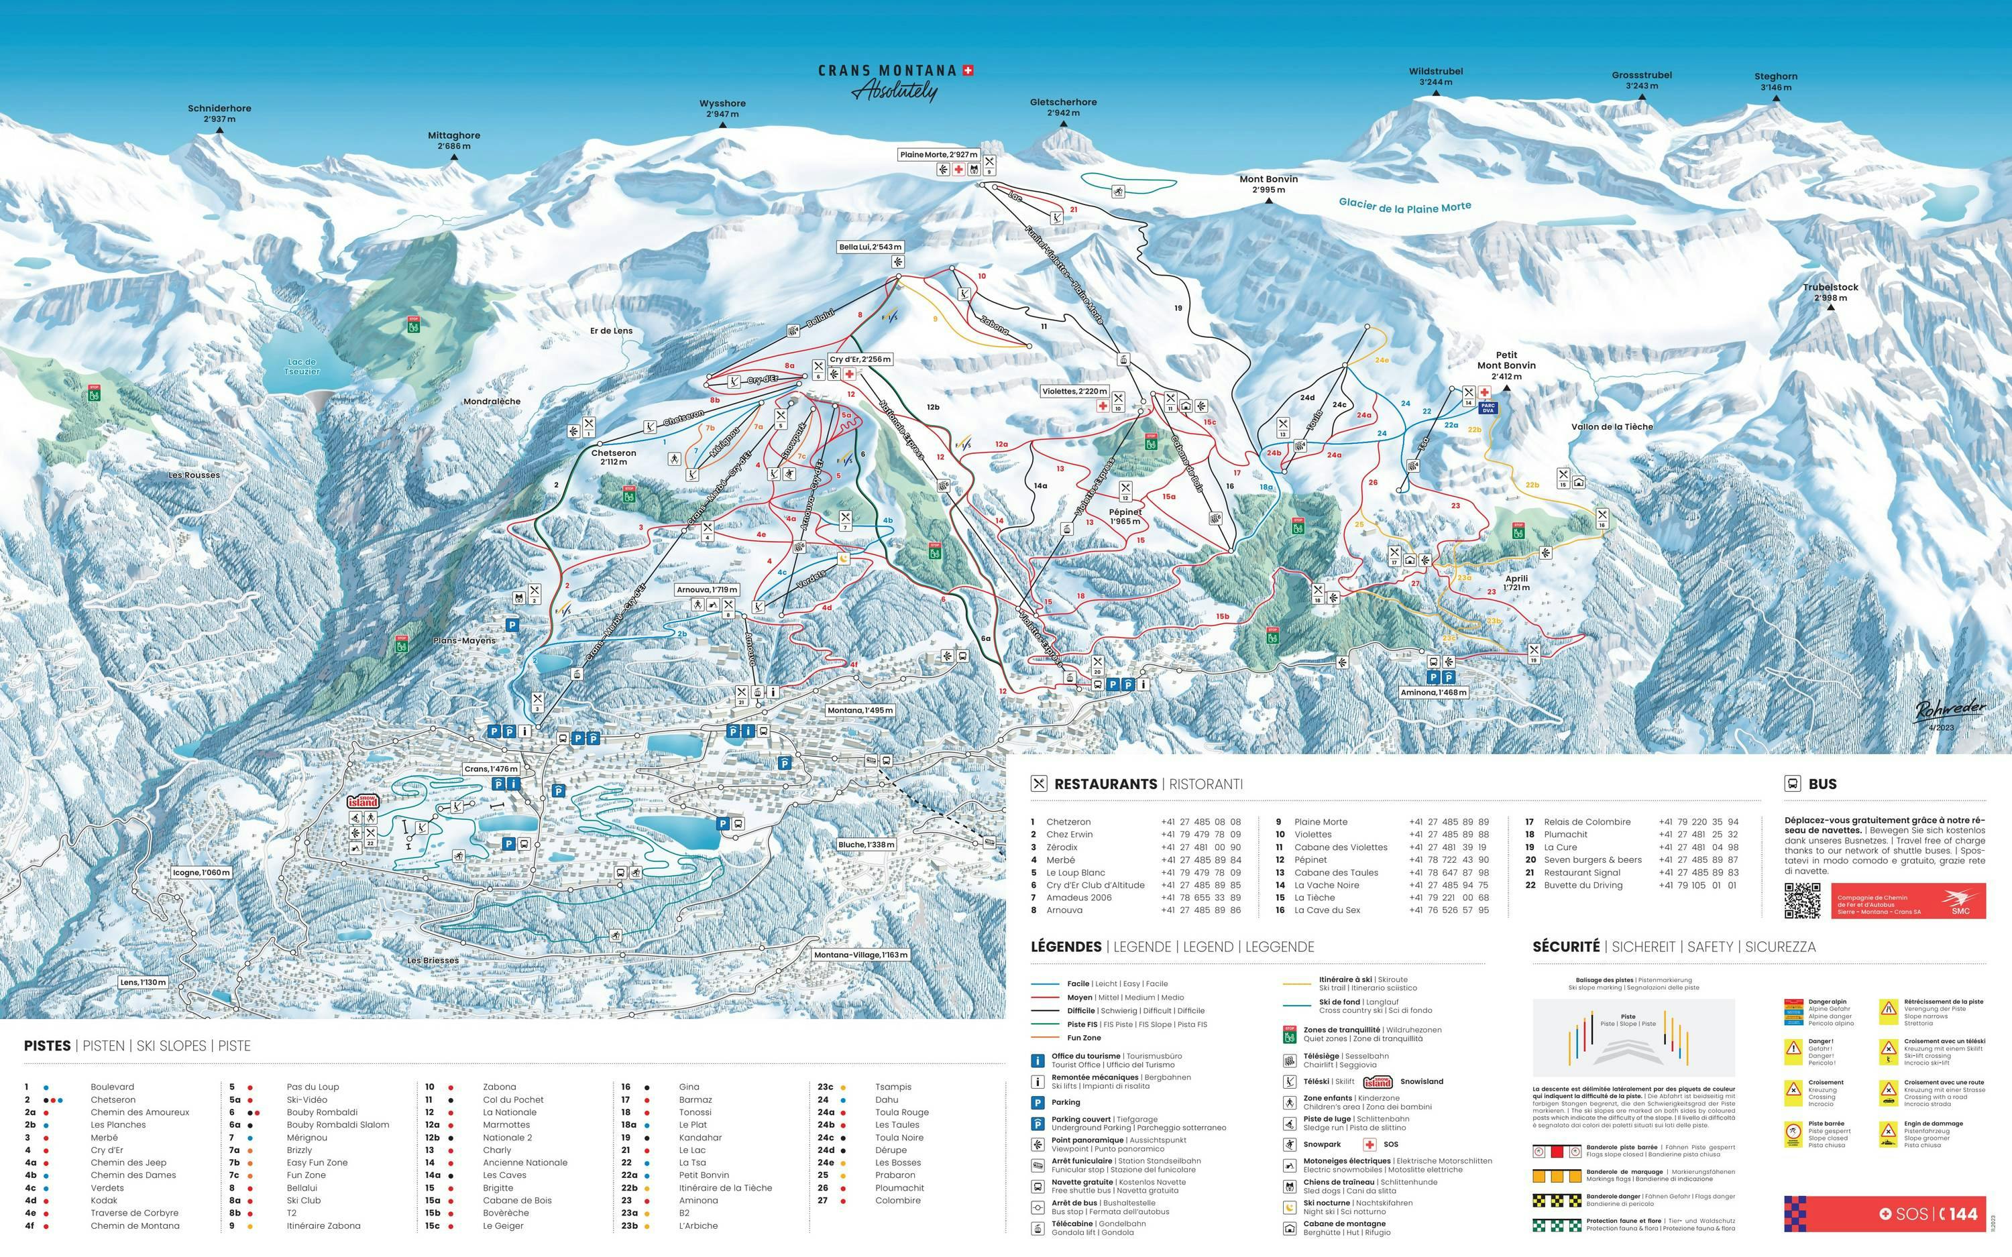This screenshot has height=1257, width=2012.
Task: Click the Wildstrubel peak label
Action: [x=1436, y=76]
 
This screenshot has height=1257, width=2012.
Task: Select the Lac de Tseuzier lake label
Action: [x=302, y=367]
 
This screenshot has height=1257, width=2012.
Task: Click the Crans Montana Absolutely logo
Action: [x=895, y=82]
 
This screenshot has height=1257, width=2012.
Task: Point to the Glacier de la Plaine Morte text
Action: [x=1404, y=206]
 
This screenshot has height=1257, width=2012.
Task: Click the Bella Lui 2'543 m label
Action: [x=870, y=247]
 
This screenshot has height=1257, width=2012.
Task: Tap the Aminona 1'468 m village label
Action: [x=1434, y=692]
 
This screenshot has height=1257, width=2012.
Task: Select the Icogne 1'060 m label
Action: [x=201, y=872]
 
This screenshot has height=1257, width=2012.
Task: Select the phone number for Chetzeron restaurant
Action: [x=1200, y=821]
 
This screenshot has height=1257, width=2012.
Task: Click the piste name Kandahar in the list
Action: [x=700, y=1137]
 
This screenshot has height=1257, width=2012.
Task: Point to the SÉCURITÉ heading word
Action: [x=1565, y=947]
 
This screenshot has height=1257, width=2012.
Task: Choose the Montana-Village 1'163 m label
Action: [x=860, y=955]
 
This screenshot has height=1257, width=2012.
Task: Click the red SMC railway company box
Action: [x=1908, y=901]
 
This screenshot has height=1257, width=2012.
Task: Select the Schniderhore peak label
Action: [x=219, y=113]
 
